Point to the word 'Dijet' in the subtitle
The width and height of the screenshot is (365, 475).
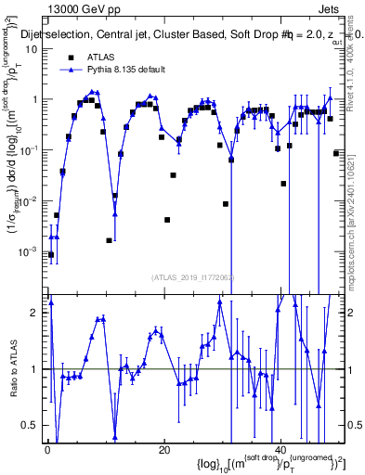point(36,34)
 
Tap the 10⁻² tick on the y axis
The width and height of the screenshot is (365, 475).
point(29,199)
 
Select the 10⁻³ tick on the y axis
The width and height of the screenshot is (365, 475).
point(29,250)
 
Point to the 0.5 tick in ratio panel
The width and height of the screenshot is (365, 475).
point(32,425)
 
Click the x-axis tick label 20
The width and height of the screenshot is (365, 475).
point(163,449)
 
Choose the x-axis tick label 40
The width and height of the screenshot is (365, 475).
point(281,449)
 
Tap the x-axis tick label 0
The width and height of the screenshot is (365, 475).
point(46,449)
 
